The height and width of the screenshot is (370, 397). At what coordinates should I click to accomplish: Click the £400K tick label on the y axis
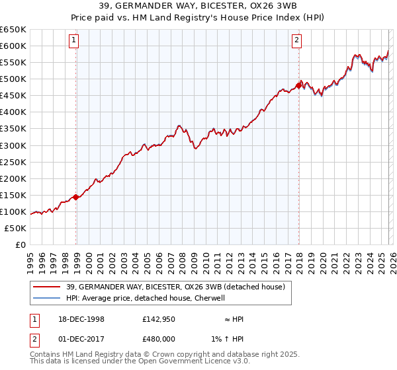(13, 112)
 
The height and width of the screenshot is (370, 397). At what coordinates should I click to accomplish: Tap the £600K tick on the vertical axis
(13, 46)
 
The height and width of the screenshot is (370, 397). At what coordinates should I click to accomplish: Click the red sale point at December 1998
(76, 197)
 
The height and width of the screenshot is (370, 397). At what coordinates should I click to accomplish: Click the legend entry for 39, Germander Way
(175, 287)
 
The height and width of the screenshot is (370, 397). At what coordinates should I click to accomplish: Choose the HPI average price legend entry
(146, 298)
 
